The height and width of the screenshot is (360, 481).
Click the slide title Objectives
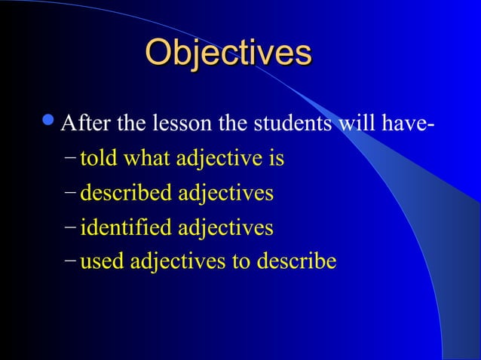click(x=228, y=53)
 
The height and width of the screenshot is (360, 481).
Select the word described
click(x=125, y=194)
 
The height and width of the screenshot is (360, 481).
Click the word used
click(x=103, y=262)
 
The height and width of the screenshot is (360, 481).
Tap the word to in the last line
click(x=240, y=262)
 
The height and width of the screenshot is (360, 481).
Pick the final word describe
click(x=296, y=262)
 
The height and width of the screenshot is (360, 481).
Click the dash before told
click(x=70, y=160)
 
